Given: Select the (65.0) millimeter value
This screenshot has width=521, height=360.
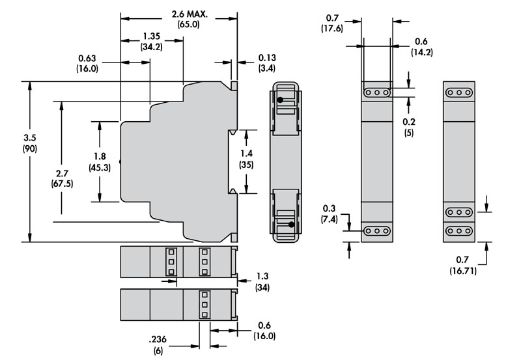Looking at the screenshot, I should point(188,25).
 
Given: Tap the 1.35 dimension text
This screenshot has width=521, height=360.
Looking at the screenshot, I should point(152,36).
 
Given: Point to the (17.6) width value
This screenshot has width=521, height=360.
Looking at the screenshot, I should point(333,28).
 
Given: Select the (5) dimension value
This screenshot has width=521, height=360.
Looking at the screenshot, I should point(408,133).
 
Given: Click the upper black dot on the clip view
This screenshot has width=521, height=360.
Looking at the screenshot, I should point(279,100).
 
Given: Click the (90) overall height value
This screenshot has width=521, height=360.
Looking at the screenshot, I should point(30,149).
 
